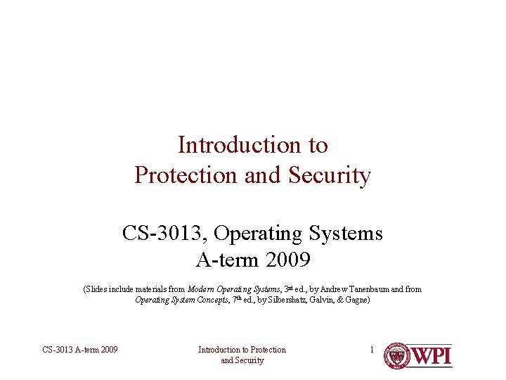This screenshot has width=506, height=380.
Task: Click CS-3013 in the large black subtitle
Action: click(164, 233)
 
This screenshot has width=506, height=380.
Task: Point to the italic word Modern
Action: click(201, 289)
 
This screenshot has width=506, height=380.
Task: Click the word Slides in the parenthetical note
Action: click(97, 289)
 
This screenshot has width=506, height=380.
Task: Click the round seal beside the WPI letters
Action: click(397, 355)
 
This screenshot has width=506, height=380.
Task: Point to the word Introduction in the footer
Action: click(221, 350)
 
